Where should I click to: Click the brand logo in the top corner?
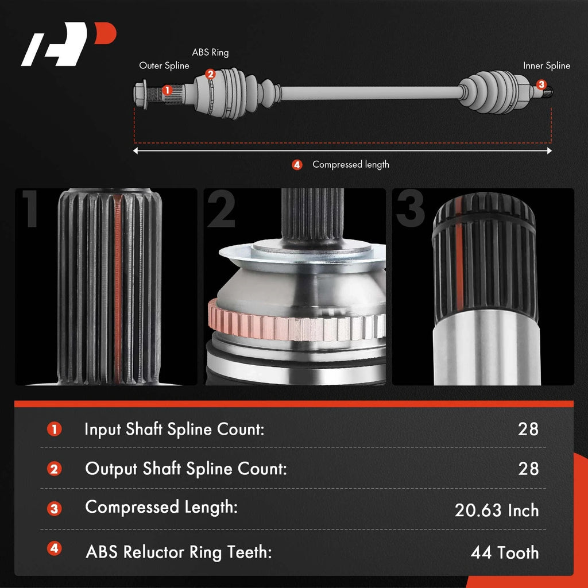point(69,44)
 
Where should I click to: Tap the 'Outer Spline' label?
point(164,65)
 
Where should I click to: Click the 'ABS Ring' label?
point(210,52)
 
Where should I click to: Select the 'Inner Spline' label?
point(547,65)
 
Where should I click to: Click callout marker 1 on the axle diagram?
point(167,90)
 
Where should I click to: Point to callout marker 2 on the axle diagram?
point(210,74)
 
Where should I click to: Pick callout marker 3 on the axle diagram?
point(541,84)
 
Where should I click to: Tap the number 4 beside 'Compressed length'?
point(297,165)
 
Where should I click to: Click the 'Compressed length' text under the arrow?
point(351,165)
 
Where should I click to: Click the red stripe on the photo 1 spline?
point(117,289)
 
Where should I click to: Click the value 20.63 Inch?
point(497,510)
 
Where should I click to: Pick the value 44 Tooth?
point(505,552)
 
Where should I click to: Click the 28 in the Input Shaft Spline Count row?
point(528,429)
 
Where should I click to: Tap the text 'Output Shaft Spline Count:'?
point(186,469)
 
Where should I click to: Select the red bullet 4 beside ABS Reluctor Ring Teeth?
point(55,548)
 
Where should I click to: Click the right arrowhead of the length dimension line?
point(550,151)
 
